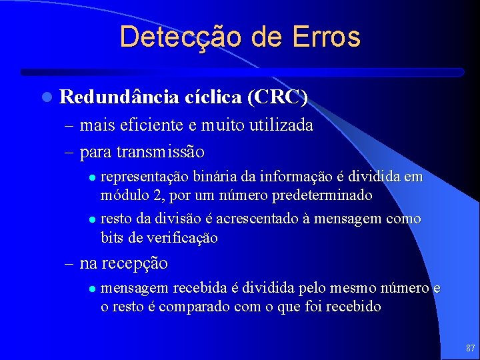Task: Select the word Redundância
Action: [119, 97]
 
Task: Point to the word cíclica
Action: [212, 97]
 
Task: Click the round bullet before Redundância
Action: [45, 98]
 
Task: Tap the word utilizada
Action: [281, 125]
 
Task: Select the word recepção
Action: [135, 263]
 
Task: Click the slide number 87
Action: [470, 348]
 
